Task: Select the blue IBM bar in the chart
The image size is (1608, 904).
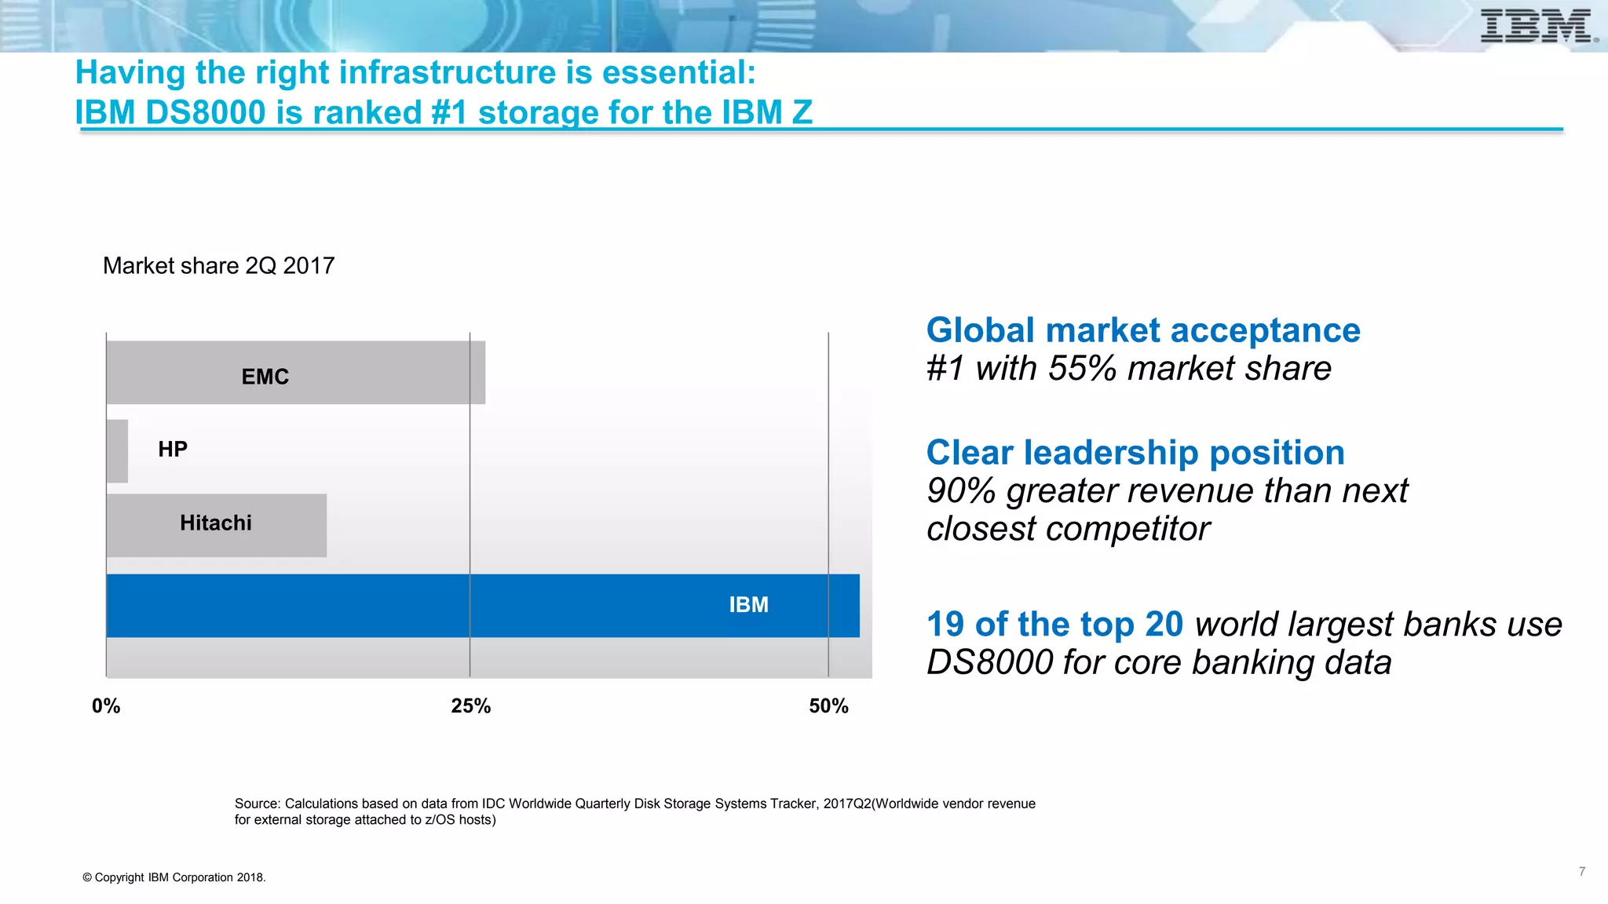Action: [x=482, y=605]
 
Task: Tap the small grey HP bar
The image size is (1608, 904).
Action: [x=117, y=451]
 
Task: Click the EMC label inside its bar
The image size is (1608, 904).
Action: [x=265, y=377]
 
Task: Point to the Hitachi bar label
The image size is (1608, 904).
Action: [x=216, y=523]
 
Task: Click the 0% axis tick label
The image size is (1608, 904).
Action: [x=106, y=705]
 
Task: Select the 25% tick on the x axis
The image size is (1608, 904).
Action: [x=470, y=705]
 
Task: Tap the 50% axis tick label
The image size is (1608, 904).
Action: [x=828, y=705]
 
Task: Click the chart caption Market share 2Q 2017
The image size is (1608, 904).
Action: [x=218, y=265]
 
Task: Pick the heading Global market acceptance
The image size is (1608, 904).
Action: [x=1143, y=330]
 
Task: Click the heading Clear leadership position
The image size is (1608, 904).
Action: [x=1135, y=452]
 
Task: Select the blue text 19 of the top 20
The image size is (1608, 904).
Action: [x=1054, y=624]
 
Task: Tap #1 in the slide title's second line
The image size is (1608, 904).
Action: [x=450, y=112]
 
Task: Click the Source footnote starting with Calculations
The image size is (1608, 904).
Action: [x=634, y=811]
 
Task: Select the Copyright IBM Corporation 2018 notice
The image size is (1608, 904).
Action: [x=174, y=877]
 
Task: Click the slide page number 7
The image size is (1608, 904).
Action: [x=1582, y=871]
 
